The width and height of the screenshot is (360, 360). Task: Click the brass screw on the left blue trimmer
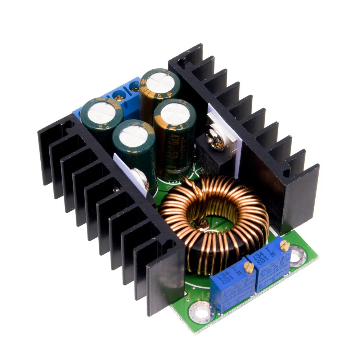point(248,267)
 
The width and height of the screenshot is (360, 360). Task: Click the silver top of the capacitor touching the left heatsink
point(101,112)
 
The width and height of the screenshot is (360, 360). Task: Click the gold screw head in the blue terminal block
point(118,96)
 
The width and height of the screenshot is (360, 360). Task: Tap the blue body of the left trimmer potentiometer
point(230,288)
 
